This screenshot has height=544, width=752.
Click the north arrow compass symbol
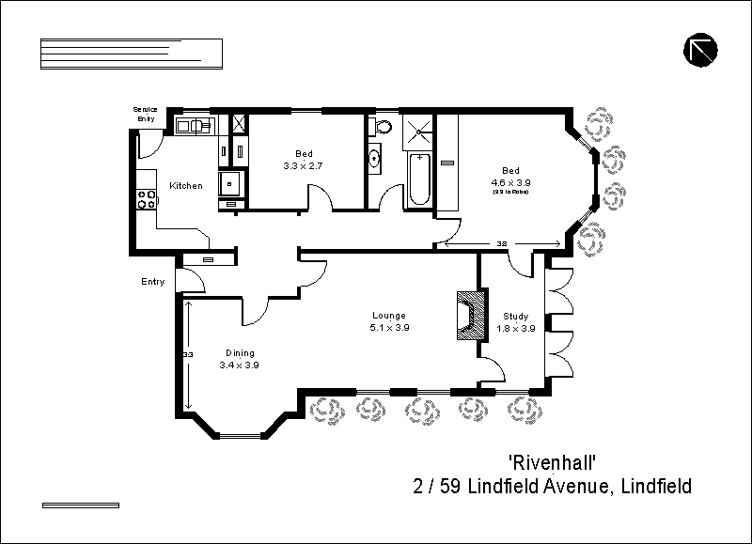[701, 50]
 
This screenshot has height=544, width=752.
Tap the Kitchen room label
[185, 186]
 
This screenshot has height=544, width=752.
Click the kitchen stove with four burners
[147, 198]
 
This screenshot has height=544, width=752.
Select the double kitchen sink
[194, 124]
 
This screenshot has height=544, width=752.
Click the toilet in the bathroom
[383, 127]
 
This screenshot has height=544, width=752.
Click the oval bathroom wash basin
[374, 158]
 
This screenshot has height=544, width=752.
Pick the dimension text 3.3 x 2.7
[304, 165]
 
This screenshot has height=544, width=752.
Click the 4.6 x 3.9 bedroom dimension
[510, 182]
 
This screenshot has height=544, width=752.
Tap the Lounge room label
[388, 316]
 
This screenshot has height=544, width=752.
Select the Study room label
[515, 317]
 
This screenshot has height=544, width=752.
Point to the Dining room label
[239, 353]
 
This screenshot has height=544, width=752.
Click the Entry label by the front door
[152, 282]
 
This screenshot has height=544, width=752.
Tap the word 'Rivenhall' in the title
[553, 462]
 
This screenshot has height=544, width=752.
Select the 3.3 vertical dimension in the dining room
[188, 354]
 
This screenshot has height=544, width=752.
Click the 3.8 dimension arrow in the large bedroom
[502, 243]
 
